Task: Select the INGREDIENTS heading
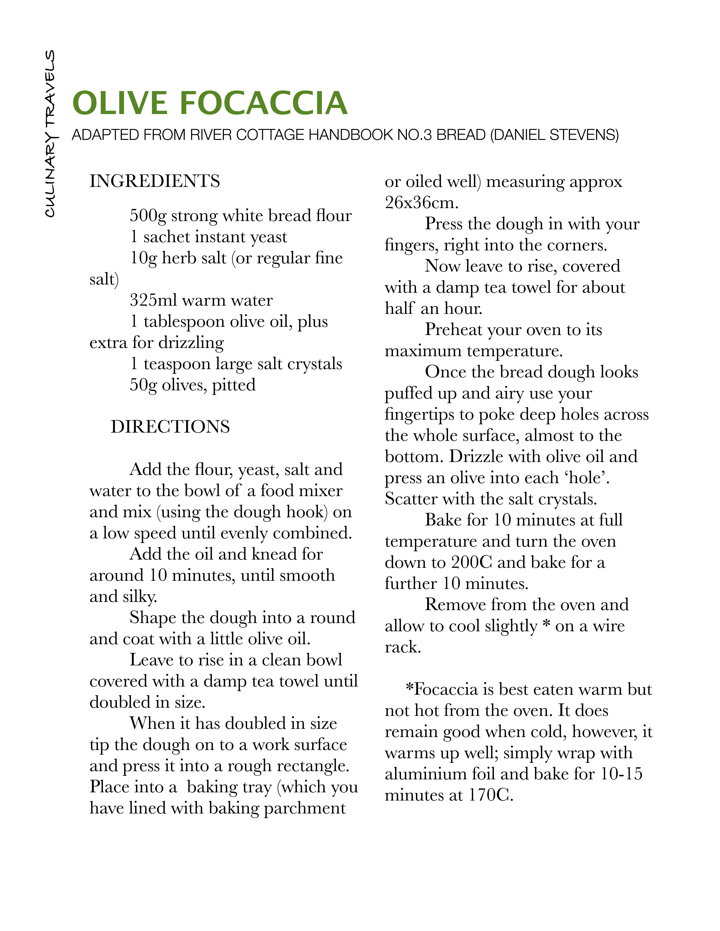[x=155, y=181]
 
